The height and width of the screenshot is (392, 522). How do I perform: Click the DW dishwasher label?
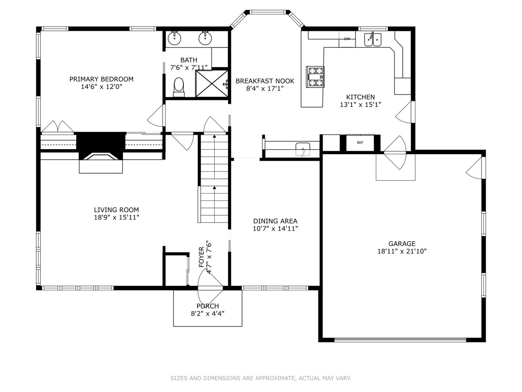click(347, 39)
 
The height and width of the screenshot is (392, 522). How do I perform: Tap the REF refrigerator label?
click(360, 143)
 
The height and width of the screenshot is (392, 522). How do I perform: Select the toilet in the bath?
click(179, 87)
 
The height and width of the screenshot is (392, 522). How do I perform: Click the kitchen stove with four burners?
click(315, 77)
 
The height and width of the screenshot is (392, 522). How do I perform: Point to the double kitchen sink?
click(373, 40)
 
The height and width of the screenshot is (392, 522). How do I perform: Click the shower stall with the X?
click(211, 83)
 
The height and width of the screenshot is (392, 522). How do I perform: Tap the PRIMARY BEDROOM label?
click(101, 79)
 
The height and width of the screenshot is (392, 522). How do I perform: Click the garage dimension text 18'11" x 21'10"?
click(402, 251)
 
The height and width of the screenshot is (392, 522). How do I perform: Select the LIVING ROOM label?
click(116, 210)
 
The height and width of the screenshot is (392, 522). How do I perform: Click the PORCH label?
click(208, 306)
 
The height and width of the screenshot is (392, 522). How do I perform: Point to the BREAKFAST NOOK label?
click(265, 81)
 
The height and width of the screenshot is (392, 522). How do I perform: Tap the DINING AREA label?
click(275, 221)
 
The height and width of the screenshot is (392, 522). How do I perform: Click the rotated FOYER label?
click(202, 257)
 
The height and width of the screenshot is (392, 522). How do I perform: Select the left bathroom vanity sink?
click(174, 38)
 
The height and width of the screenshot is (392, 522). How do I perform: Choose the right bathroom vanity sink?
click(205, 38)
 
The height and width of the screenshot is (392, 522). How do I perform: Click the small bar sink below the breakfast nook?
click(303, 149)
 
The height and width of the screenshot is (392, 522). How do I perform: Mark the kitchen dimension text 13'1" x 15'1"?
click(361, 105)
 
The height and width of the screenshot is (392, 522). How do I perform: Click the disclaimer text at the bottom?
click(261, 378)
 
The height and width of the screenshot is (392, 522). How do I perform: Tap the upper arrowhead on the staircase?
click(214, 136)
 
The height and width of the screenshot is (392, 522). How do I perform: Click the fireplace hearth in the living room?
click(101, 166)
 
